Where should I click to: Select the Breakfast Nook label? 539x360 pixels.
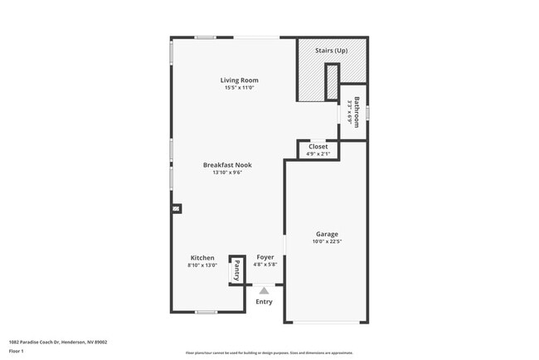pos(227,165)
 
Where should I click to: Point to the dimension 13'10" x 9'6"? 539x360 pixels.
pos(227,173)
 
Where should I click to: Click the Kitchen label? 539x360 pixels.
pos(202,258)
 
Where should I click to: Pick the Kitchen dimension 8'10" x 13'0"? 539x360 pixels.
pos(202,265)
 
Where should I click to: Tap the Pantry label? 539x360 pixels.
pos(236,270)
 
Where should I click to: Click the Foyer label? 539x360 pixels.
pos(265,258)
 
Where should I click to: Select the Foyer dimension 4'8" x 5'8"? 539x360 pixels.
pos(265,265)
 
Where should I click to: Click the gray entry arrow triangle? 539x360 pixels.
pos(265,290)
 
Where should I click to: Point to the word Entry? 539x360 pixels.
pos(264,301)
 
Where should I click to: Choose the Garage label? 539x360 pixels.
pos(327,234)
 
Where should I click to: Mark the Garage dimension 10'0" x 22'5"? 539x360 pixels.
pos(327,242)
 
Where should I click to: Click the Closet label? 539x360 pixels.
pos(318,147)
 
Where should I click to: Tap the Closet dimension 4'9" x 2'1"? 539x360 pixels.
pos(318,153)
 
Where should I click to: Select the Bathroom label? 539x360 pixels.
pos(357,112)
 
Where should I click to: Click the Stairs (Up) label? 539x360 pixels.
pos(331,51)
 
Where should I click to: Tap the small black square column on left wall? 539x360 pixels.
pos(175,209)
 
